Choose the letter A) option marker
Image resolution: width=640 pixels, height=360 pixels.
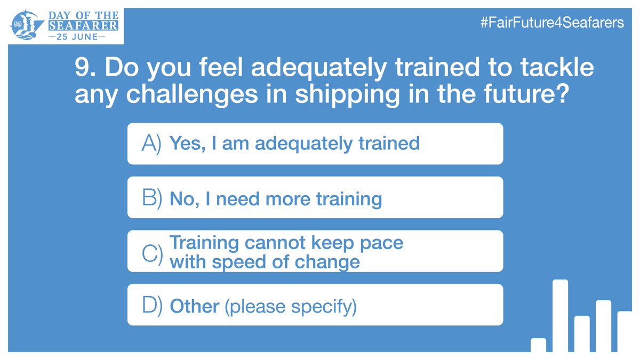[x=152, y=143]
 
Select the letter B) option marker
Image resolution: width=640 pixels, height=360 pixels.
[x=152, y=198]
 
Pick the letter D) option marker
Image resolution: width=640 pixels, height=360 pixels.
[x=152, y=306]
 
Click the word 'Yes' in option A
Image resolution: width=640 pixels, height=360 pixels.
[x=185, y=143]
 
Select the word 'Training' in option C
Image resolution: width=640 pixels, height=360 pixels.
[x=204, y=243]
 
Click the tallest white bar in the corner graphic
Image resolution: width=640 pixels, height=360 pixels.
[x=560, y=316]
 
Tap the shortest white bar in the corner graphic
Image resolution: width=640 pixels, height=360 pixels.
[x=538, y=345]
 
